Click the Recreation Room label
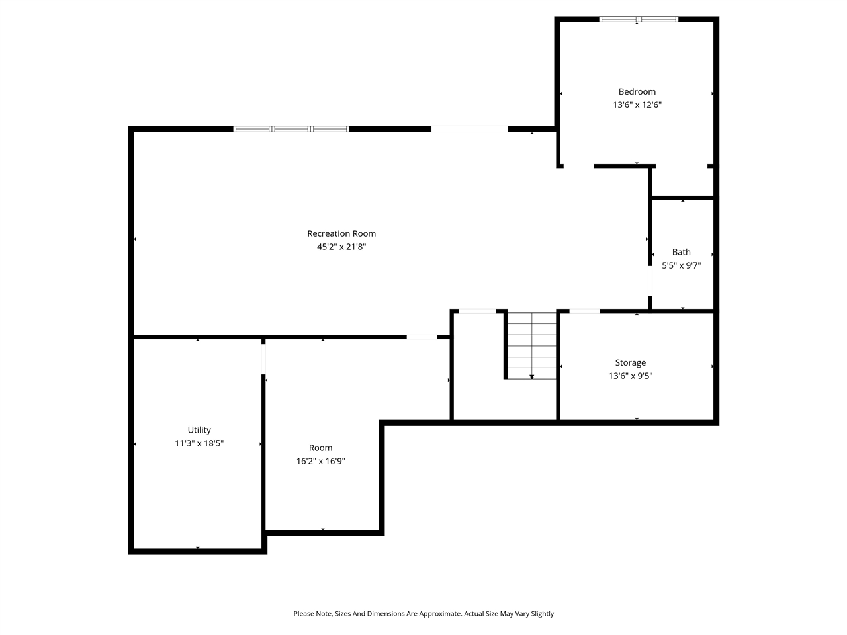pyautogui.click(x=341, y=233)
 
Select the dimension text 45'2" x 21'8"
pyautogui.click(x=341, y=247)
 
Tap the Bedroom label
pyautogui.click(x=637, y=92)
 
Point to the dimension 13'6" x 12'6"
pyautogui.click(x=637, y=105)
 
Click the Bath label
pyautogui.click(x=681, y=252)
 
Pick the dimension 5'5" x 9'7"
pyautogui.click(x=681, y=265)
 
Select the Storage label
pyautogui.click(x=630, y=362)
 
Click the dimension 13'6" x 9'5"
pyautogui.click(x=630, y=376)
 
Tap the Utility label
pyautogui.click(x=199, y=430)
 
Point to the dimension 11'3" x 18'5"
pyautogui.click(x=199, y=443)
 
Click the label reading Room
pyautogui.click(x=320, y=448)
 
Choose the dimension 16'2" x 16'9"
pyautogui.click(x=320, y=461)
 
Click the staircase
pyautogui.click(x=531, y=344)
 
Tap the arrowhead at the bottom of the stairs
pyautogui.click(x=531, y=377)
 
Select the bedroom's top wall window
pyautogui.click(x=639, y=19)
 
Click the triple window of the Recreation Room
pyautogui.click(x=291, y=129)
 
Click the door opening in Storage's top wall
pyautogui.click(x=584, y=310)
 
